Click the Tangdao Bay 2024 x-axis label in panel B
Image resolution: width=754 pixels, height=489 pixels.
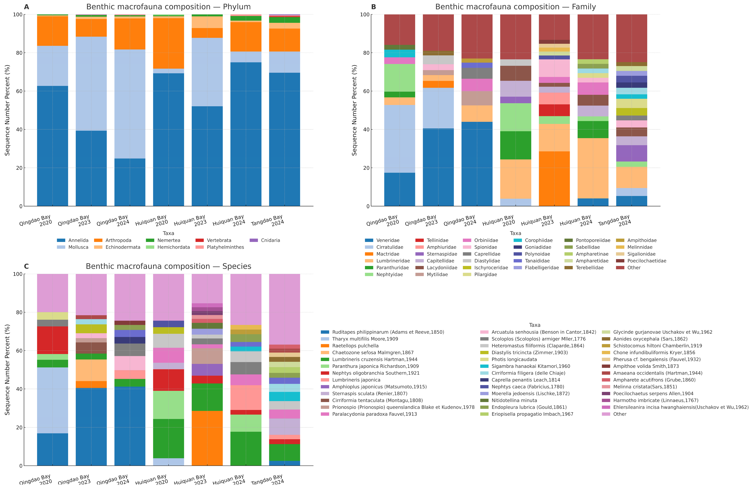(615, 220)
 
